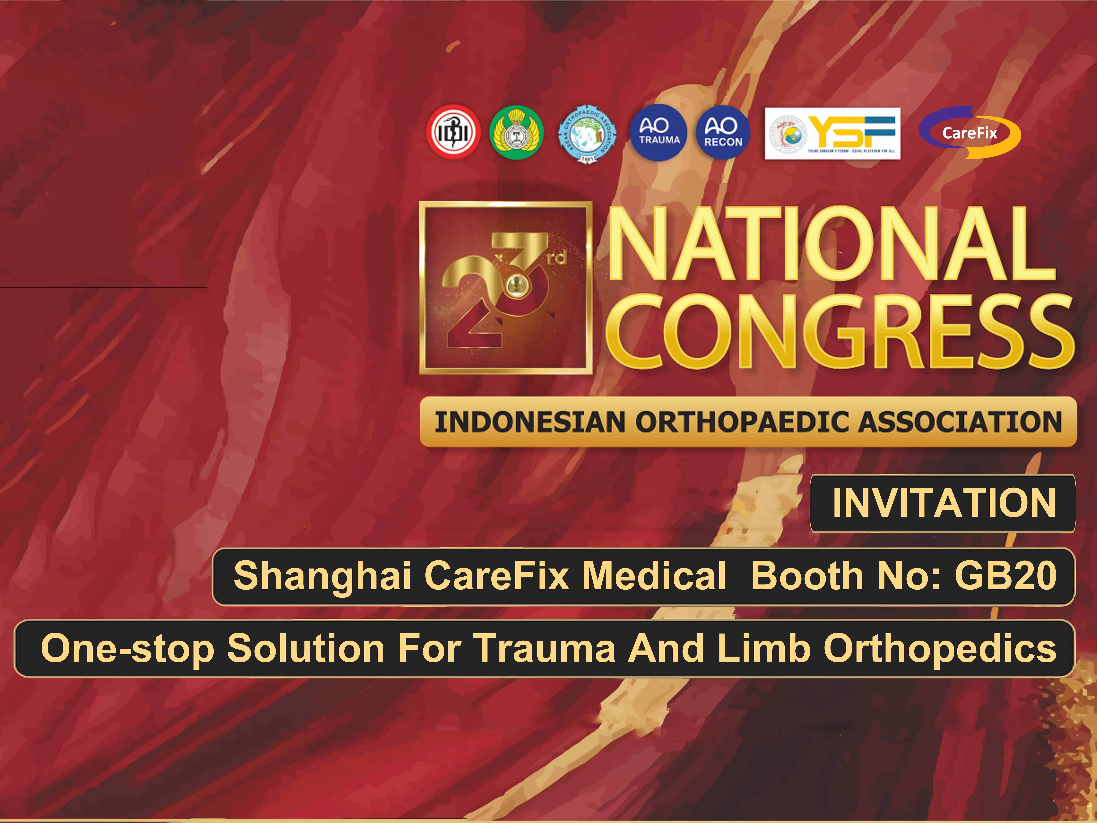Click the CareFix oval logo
tap(970, 132)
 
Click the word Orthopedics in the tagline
tap(940, 648)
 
